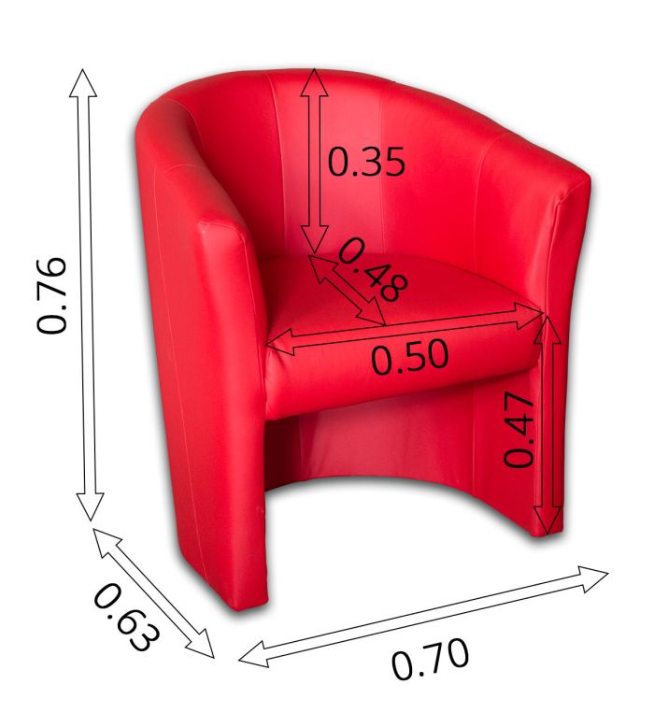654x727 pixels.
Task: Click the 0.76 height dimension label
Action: [x=52, y=294]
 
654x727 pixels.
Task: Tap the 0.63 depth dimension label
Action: [x=127, y=617]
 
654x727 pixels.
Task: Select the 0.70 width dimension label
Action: [x=430, y=659]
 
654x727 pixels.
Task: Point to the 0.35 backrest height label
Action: [x=366, y=162]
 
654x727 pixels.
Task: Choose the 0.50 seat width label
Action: [x=410, y=357]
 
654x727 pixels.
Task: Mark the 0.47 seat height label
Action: [x=519, y=430]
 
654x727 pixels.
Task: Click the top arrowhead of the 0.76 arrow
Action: [x=83, y=82]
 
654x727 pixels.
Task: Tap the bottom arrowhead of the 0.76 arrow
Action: [x=90, y=506]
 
